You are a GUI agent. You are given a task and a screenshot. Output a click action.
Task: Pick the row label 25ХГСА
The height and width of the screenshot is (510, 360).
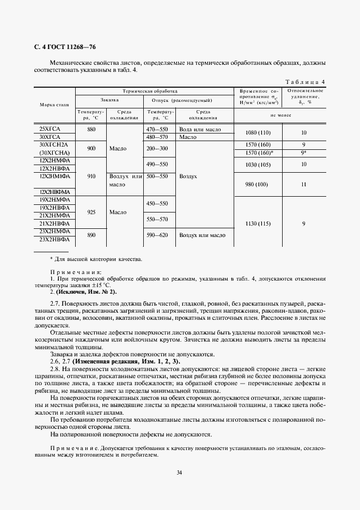coord(50,130)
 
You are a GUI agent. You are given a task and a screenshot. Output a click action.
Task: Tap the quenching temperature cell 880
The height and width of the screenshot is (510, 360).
coord(91,130)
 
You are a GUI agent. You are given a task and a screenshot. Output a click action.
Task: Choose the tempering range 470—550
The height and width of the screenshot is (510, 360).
coord(157,130)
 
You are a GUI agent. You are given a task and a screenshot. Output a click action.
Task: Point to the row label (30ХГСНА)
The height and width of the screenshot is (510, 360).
coord(53,153)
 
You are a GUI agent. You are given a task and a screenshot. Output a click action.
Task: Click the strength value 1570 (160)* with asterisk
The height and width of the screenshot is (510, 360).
coord(259,153)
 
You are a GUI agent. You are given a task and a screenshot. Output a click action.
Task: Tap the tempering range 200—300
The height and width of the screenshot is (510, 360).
coord(157,148)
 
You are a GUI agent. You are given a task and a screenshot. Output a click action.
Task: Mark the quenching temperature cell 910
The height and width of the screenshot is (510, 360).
coord(91,177)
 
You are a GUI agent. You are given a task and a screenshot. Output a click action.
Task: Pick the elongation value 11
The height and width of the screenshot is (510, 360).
coord(304,185)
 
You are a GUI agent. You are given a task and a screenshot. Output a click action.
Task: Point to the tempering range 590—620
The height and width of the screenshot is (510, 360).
coord(157,235)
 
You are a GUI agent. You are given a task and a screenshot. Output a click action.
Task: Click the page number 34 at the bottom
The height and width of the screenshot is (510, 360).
coord(180,472)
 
